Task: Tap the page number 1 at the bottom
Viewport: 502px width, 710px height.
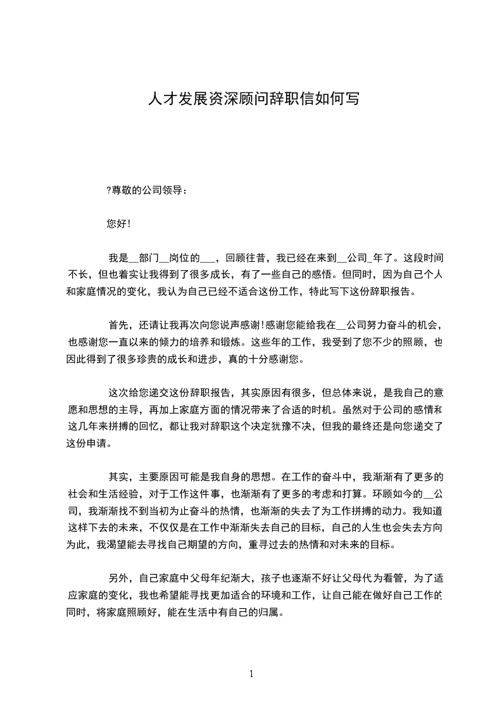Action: point(251,674)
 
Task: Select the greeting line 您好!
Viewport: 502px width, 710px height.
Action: point(119,223)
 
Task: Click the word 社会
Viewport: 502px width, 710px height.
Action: point(78,494)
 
